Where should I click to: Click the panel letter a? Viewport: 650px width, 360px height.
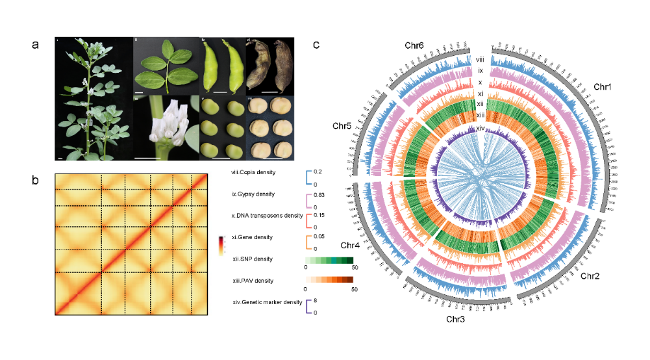click(36, 45)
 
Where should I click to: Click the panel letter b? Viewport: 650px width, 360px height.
click(36, 180)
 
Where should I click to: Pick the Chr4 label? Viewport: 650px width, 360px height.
click(351, 244)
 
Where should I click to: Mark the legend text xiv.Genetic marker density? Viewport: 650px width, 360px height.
click(266, 302)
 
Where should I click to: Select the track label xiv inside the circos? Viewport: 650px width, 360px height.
click(481, 129)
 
